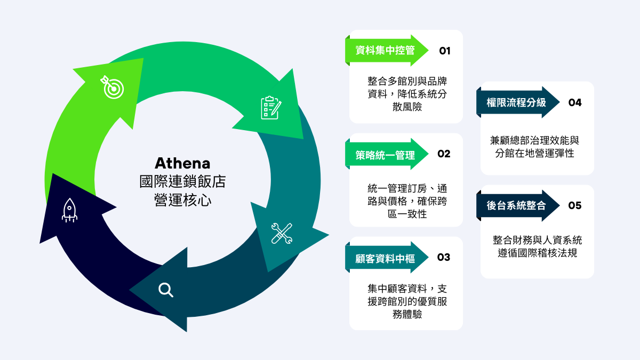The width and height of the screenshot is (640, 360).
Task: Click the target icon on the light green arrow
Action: pyautogui.click(x=112, y=87)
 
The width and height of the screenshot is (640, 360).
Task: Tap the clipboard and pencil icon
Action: pyautogui.click(x=271, y=107)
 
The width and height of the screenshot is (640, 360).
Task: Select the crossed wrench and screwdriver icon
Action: pyautogui.click(x=282, y=233)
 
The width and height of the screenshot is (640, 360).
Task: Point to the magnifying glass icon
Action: pyautogui.click(x=166, y=290)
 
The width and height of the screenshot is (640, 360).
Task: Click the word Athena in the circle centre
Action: pyautogui.click(x=182, y=163)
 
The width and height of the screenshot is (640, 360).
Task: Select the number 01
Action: pyautogui.click(x=445, y=51)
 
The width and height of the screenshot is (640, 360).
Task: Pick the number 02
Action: pyautogui.click(x=444, y=154)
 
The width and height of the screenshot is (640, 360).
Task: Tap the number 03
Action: pyautogui.click(x=444, y=258)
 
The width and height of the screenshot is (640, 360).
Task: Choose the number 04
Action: pyautogui.click(x=575, y=102)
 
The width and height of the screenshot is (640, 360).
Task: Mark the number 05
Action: pyautogui.click(x=575, y=206)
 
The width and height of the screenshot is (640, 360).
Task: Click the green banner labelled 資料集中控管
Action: pyautogui.click(x=386, y=51)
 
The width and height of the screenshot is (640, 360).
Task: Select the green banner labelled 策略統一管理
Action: pyautogui.click(x=386, y=155)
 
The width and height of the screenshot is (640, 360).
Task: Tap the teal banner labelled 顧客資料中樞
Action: pyautogui.click(x=386, y=258)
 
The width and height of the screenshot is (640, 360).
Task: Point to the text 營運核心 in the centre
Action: pyautogui.click(x=182, y=199)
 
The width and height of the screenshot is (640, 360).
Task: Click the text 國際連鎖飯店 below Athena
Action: pyautogui.click(x=182, y=181)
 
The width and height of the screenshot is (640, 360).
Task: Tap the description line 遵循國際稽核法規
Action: pyautogui.click(x=537, y=253)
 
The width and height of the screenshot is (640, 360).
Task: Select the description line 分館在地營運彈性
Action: pyautogui.click(x=537, y=153)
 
